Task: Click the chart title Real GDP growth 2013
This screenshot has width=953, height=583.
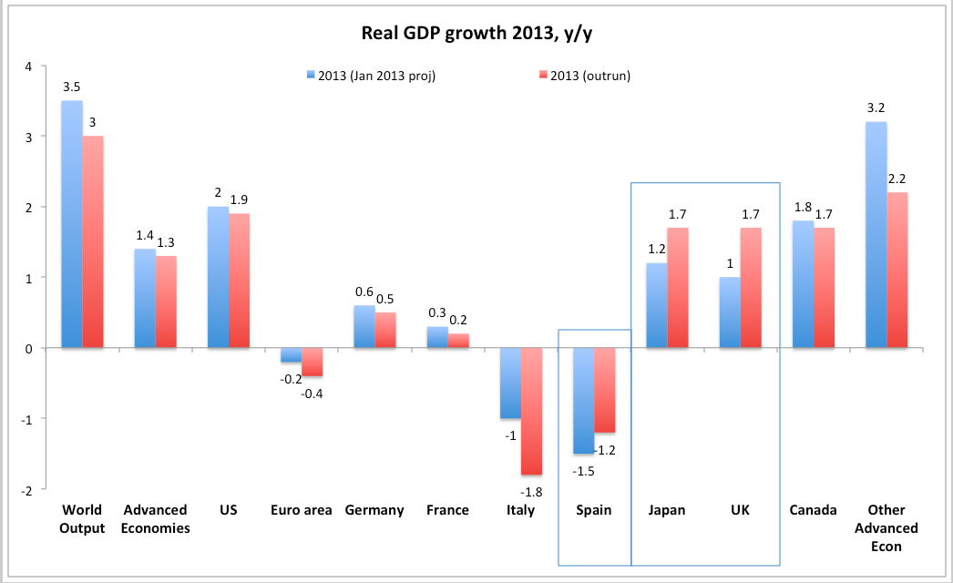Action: pyautogui.click(x=476, y=35)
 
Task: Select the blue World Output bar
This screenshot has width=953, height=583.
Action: pyautogui.click(x=72, y=224)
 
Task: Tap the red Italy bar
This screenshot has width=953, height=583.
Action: pyautogui.click(x=531, y=411)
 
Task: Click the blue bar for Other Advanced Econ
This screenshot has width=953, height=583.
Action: pyautogui.click(x=876, y=235)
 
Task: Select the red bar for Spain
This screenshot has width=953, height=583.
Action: pyautogui.click(x=604, y=390)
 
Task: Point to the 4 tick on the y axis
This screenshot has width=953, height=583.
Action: pyautogui.click(x=28, y=66)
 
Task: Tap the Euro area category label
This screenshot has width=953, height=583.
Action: pyautogui.click(x=302, y=510)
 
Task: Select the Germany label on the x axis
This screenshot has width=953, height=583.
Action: pyautogui.click(x=374, y=510)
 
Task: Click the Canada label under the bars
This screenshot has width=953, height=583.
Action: pyautogui.click(x=813, y=510)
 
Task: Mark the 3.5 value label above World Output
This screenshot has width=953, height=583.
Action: pyautogui.click(x=72, y=87)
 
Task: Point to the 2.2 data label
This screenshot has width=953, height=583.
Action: pyautogui.click(x=897, y=179)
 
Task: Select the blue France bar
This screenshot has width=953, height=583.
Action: pyautogui.click(x=437, y=337)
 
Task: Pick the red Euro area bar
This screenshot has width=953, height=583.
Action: pyautogui.click(x=313, y=362)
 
